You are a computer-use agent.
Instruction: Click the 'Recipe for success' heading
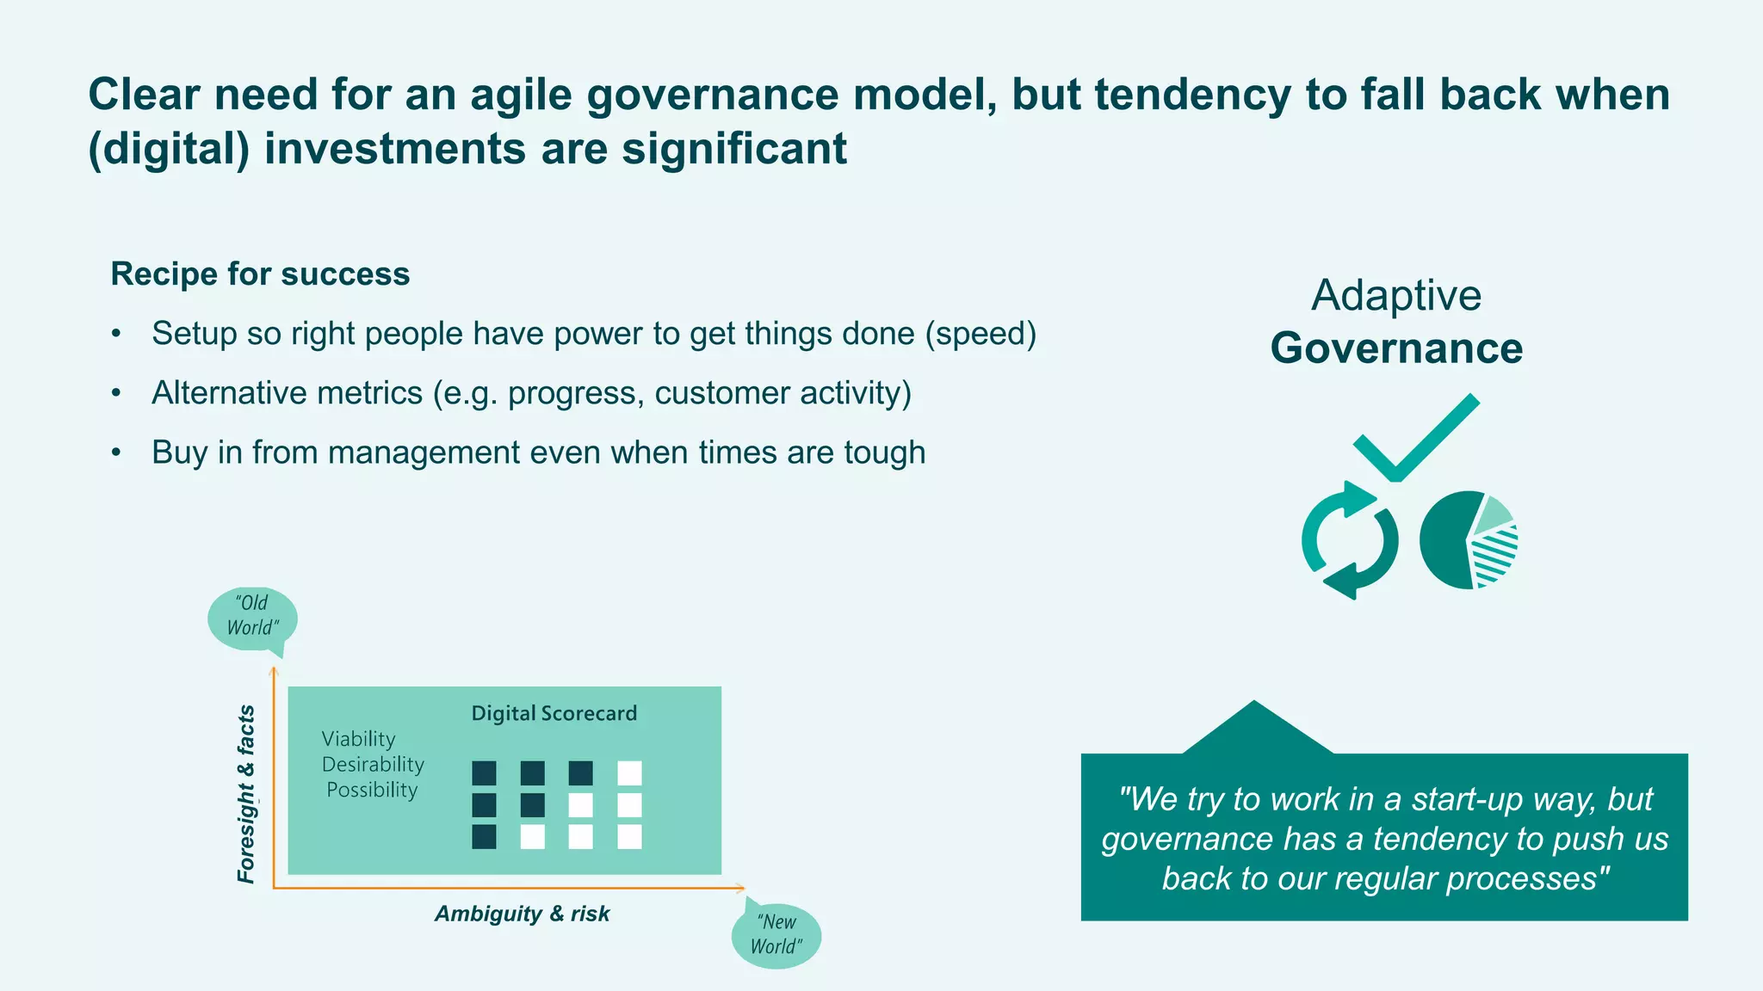260,274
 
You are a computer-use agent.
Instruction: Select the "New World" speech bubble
776,935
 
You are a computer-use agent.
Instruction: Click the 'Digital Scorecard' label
554,713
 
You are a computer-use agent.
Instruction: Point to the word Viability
358,739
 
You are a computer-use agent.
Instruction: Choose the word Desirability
373,765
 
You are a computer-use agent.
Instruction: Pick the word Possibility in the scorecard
372,790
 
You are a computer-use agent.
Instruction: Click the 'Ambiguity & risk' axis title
522,914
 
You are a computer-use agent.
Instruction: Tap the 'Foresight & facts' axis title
246,793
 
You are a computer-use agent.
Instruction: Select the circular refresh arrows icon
1349,540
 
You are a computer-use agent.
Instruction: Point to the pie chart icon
1468,540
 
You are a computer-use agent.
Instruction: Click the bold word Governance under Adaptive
1396,348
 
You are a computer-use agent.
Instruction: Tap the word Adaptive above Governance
1396,295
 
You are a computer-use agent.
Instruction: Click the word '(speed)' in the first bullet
980,334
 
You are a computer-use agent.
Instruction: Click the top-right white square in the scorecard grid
629,773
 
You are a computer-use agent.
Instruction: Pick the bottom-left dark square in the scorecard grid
484,837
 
